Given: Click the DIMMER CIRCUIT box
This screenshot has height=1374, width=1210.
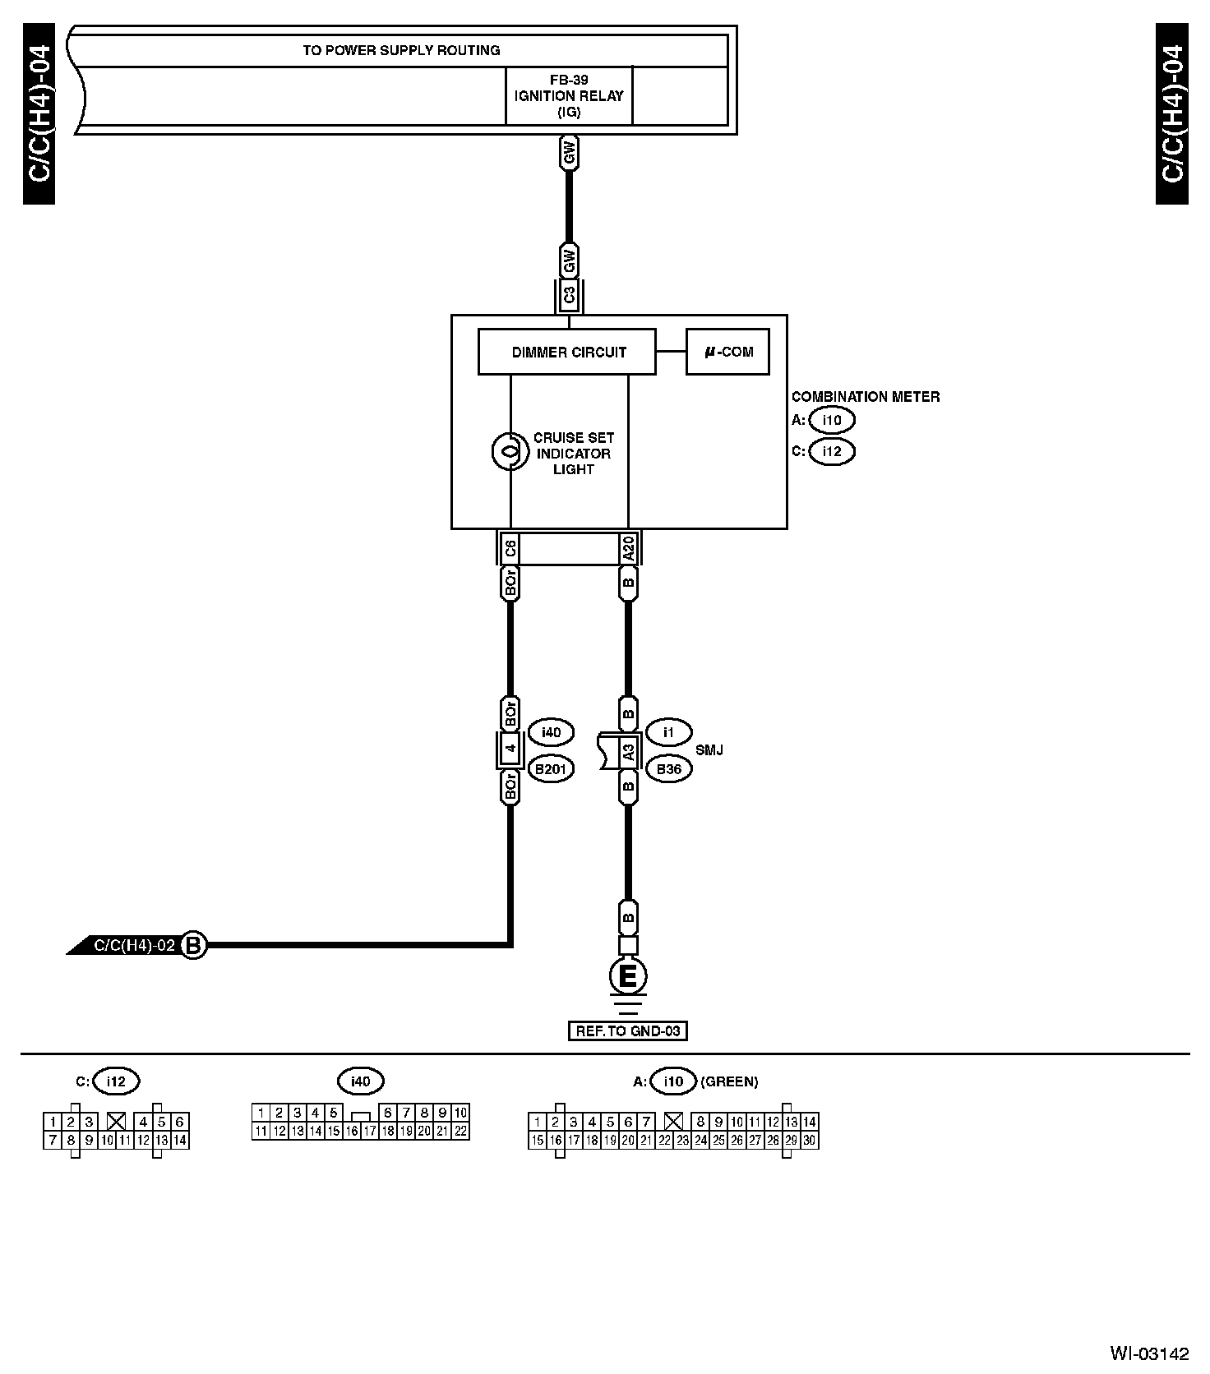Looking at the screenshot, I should [567, 352].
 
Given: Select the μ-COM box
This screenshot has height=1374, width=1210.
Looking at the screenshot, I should [727, 352].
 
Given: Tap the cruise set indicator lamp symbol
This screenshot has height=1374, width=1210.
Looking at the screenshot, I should [510, 451].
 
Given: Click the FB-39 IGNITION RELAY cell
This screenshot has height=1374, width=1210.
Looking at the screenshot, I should [569, 96].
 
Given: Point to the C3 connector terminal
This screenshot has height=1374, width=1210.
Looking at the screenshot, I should [569, 295].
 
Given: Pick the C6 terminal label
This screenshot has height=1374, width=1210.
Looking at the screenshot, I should [510, 548].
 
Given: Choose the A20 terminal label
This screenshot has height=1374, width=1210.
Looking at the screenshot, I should [628, 548].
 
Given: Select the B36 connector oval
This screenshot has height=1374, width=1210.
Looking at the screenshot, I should [669, 769].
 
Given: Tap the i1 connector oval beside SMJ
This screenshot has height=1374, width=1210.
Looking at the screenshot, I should [669, 731].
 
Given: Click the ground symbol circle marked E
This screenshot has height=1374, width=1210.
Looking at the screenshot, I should [627, 976].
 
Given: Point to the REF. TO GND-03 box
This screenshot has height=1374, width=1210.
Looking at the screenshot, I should [627, 1030].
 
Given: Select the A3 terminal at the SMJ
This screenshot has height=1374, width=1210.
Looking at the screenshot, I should [628, 751].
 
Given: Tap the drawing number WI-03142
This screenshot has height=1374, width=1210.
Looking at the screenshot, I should [1149, 1353].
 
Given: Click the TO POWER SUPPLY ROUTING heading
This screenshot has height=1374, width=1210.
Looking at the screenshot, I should [401, 50].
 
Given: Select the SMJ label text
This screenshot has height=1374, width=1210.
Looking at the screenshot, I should [709, 750].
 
